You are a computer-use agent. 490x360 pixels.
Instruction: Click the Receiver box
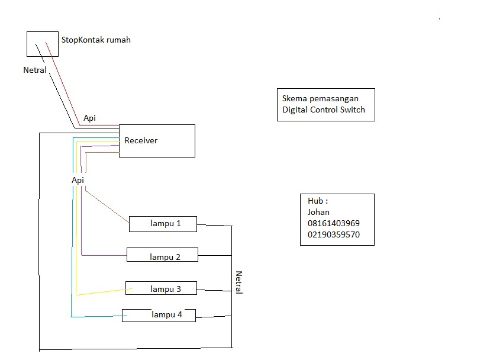click(157, 141)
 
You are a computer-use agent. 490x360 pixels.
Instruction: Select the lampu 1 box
click(163, 224)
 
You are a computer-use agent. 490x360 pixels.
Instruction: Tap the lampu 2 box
click(162, 255)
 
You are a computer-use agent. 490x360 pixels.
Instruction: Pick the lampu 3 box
click(161, 288)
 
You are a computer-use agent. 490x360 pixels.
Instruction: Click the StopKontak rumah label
click(96, 40)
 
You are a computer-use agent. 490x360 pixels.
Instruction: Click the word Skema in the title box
click(294, 98)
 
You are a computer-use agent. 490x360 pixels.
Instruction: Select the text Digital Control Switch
click(324, 110)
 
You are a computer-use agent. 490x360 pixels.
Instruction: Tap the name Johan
click(318, 212)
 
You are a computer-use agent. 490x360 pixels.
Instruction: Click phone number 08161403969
click(333, 223)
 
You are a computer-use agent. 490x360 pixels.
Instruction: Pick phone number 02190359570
click(333, 234)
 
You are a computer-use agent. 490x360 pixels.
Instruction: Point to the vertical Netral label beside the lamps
click(239, 282)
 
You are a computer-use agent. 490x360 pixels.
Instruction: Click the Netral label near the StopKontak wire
click(34, 70)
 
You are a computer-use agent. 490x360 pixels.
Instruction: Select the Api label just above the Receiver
click(89, 118)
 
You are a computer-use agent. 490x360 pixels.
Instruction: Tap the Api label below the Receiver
click(78, 179)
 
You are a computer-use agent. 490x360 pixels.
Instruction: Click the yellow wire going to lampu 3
click(101, 292)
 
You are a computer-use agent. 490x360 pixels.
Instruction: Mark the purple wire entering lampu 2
click(104, 255)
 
